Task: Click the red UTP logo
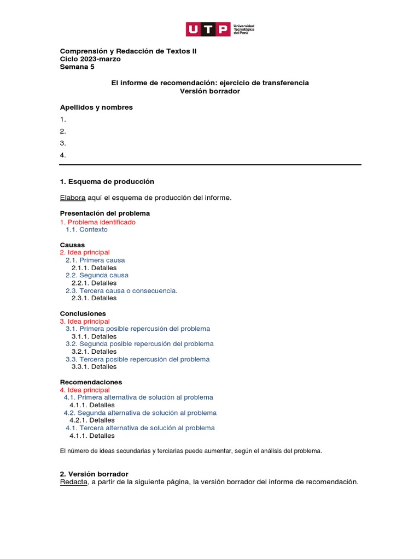pos(208,29)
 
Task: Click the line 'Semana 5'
pos(77,67)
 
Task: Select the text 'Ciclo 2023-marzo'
pos(90,59)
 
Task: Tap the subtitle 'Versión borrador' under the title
pos(210,91)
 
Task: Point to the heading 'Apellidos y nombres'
pos(96,108)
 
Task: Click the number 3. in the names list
pos(63,143)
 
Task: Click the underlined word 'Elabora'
pos(72,198)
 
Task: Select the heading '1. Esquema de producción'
pos(107,181)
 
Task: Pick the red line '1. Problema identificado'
pos(97,222)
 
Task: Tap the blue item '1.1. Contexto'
pos(86,230)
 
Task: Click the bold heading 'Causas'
pos(72,245)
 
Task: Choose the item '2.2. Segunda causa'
pos(97,276)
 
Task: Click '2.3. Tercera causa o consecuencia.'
pos(121,291)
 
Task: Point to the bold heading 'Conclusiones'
pos(83,314)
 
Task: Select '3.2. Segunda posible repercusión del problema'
pos(139,344)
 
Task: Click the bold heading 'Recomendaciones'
pos(91,382)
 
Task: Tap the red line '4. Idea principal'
pos(85,390)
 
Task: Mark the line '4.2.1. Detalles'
pos(92,420)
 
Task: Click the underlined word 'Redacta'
pos(73,482)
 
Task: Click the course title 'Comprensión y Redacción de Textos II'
pos(127,51)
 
